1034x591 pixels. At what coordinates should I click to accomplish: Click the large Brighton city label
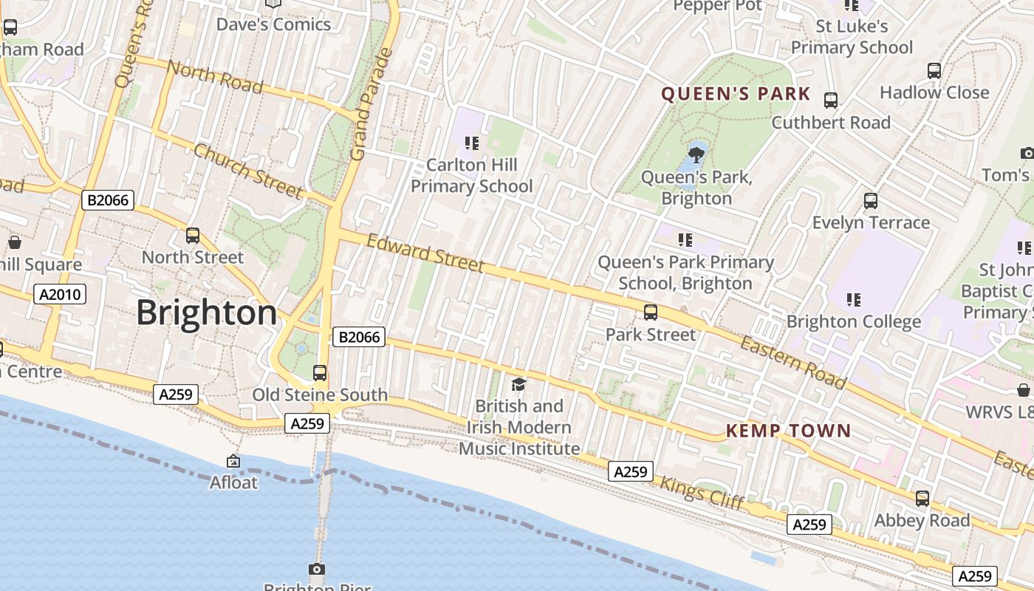click(207, 313)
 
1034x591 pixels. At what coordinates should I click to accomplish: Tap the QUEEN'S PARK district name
click(736, 95)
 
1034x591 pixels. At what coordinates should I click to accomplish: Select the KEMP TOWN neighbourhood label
click(788, 431)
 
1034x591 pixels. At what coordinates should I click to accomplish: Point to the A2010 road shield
click(61, 295)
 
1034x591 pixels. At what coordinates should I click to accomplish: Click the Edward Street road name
click(425, 253)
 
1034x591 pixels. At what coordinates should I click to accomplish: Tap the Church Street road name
click(247, 171)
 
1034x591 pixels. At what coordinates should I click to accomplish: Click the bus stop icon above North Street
click(193, 236)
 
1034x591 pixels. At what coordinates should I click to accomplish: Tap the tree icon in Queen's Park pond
click(696, 154)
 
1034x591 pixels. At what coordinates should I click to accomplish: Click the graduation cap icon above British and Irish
click(519, 384)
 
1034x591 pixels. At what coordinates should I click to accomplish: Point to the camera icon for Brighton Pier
click(317, 569)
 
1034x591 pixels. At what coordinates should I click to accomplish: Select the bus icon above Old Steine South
click(320, 373)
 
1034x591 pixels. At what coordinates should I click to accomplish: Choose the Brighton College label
click(854, 322)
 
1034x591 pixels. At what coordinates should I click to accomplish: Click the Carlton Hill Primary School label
click(471, 176)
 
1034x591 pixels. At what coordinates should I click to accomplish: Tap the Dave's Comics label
click(273, 24)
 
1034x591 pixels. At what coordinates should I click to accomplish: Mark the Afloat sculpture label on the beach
click(234, 482)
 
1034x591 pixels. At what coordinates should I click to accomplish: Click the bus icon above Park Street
click(651, 312)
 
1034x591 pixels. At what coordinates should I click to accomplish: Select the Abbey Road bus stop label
click(922, 520)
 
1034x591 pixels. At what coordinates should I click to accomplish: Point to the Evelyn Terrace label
click(871, 222)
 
